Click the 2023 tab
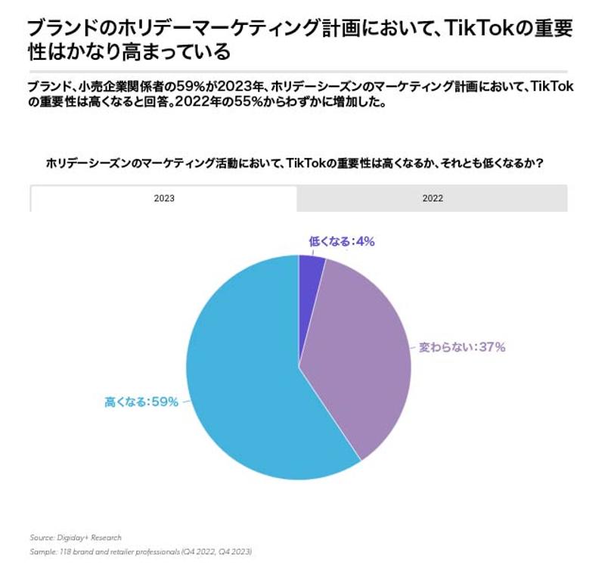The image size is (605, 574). click(163, 198)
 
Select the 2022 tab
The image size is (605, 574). click(433, 198)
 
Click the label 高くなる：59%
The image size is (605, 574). click(141, 402)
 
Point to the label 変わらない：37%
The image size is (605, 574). click(462, 348)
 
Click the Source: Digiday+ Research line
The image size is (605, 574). click(76, 538)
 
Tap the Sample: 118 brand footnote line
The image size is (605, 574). click(141, 552)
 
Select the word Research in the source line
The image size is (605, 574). click(105, 538)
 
